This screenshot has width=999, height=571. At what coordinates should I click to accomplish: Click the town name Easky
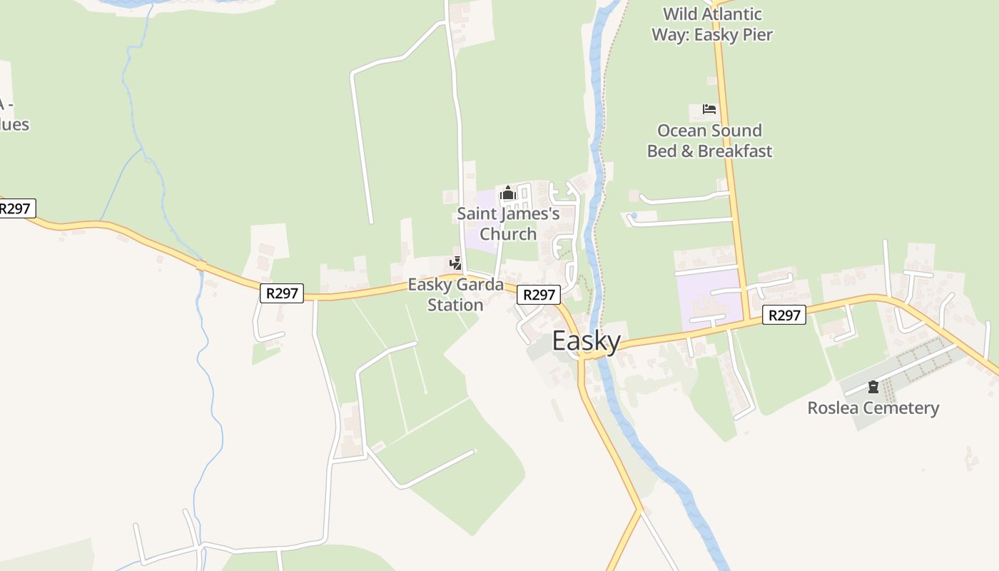coord(587,341)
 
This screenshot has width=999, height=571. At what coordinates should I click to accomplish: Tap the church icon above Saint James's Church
coord(507,193)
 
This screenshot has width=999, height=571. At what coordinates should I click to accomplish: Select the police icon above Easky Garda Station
coord(455,263)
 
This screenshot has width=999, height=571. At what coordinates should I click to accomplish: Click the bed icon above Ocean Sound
coord(709,109)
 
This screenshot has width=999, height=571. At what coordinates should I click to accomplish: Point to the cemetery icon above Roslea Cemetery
coord(873,388)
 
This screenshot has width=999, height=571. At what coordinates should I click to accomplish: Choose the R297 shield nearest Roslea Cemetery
coord(784,315)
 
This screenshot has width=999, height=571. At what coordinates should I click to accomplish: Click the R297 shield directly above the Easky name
coord(538,295)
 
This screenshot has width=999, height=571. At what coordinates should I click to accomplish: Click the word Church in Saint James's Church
coord(508,233)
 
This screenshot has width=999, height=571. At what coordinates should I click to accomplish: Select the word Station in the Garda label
coord(455,305)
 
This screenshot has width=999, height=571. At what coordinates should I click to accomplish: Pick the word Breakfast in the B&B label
coord(735,151)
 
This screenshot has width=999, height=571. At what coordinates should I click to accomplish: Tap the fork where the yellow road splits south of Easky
coord(640,509)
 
